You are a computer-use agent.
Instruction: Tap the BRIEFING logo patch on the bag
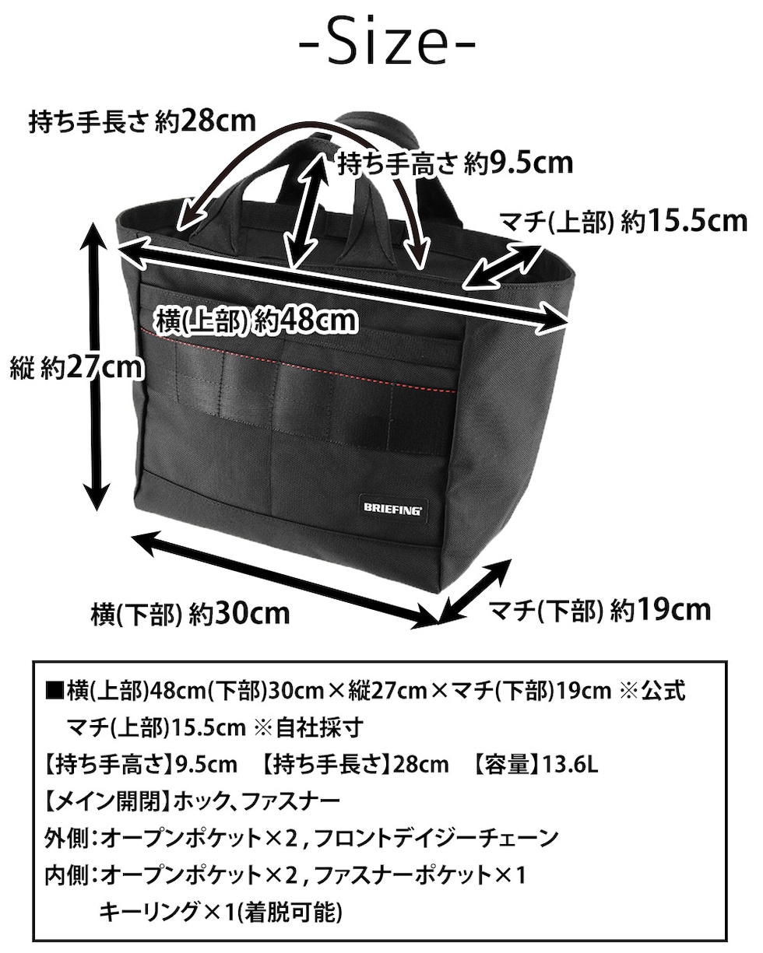click(392, 508)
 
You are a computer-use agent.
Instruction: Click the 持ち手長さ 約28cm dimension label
click(142, 121)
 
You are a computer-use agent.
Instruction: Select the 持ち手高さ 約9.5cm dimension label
click(455, 163)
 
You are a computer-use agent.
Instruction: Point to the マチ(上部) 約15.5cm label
click(624, 222)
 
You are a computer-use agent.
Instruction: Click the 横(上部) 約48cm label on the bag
click(256, 320)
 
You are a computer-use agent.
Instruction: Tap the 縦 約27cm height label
click(76, 368)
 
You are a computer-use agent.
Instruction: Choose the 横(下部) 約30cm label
click(190, 613)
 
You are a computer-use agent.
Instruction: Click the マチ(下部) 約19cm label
click(599, 610)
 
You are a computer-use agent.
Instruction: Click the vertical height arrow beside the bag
click(97, 366)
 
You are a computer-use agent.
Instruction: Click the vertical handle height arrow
click(305, 209)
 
